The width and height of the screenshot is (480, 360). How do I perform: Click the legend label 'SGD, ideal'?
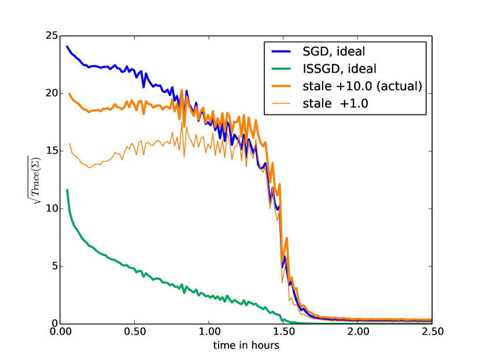pyautogui.click(x=334, y=51)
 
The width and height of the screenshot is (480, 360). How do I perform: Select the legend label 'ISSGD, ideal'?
pyautogui.click(x=339, y=69)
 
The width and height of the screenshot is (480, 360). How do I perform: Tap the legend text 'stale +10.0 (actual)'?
pyautogui.click(x=361, y=87)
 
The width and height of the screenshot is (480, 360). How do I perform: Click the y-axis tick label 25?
pyautogui.click(x=51, y=36)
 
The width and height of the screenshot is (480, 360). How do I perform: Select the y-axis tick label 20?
pyautogui.click(x=51, y=93)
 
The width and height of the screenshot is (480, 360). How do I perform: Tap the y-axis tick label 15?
pyautogui.click(x=51, y=151)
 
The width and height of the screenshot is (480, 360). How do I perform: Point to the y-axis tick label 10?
pyautogui.click(x=51, y=209)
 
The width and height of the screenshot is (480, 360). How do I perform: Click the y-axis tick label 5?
pyautogui.click(x=54, y=266)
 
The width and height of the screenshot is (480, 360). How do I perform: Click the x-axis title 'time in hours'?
pyautogui.click(x=246, y=346)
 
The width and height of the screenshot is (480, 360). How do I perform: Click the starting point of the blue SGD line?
pyautogui.click(x=67, y=47)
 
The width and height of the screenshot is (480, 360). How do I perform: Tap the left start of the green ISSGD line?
pyautogui.click(x=67, y=190)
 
